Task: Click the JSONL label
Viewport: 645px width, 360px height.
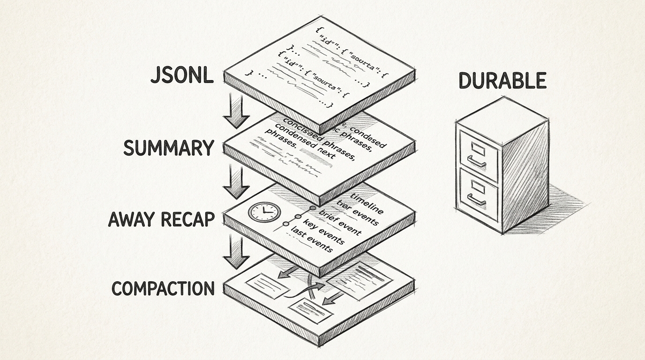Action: click(182, 76)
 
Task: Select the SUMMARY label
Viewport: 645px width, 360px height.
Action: click(168, 148)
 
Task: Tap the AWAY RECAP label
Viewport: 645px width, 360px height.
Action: click(161, 219)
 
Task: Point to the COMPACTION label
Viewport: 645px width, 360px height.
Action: click(163, 288)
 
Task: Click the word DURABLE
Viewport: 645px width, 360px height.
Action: click(502, 81)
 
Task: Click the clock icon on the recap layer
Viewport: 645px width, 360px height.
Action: click(264, 212)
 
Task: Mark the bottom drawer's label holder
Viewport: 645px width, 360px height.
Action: click(478, 187)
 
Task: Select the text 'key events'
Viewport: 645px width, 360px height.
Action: click(324, 232)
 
